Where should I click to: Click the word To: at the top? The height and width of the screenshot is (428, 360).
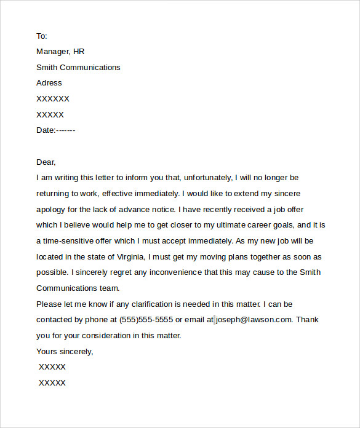click(41, 36)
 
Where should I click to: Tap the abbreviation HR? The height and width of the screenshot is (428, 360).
click(86, 52)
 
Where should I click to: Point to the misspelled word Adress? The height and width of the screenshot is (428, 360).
click(49, 83)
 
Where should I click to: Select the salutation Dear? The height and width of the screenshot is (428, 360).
click(46, 162)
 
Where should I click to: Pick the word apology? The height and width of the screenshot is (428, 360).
click(53, 209)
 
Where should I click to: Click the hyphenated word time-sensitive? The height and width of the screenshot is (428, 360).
click(73, 241)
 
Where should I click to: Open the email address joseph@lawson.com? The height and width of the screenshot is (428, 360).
click(254, 320)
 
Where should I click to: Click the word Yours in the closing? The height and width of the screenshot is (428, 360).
click(48, 352)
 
